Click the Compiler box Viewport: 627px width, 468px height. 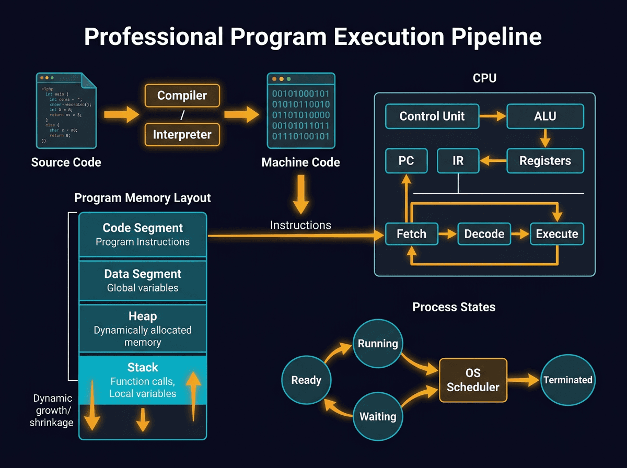coord(182,96)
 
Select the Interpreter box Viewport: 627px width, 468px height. coord(182,135)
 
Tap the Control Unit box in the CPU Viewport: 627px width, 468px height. coord(432,116)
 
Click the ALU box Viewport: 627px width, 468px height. coord(545,116)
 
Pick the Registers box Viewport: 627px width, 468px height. coord(545,161)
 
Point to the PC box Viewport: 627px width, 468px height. coord(406,161)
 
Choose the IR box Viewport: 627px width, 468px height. coord(458,161)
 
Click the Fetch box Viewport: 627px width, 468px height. coord(411,234)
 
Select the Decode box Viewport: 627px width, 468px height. coord(484,234)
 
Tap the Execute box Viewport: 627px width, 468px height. coord(556,234)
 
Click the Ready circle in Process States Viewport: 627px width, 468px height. coord(306,380)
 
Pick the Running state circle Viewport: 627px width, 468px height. coord(378,344)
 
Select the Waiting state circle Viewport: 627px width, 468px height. coord(378,416)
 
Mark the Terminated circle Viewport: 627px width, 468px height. coord(567,380)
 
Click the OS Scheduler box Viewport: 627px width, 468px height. coord(473,380)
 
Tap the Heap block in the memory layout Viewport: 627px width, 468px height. coord(143,329)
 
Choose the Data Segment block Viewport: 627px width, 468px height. coord(143,280)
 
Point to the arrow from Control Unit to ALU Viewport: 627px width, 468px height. coord(493,116)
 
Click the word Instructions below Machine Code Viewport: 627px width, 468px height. coord(300,225)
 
